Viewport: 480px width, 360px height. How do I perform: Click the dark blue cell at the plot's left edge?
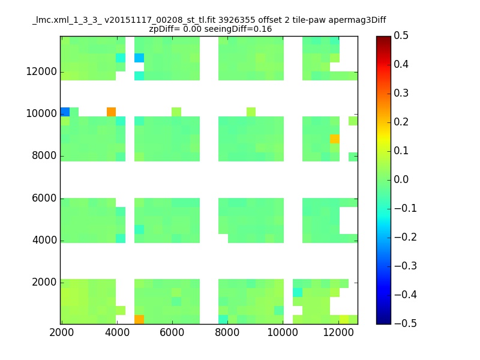[65, 112]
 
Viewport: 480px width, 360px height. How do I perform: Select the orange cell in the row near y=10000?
[112, 112]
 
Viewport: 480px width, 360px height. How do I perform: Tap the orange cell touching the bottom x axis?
[139, 320]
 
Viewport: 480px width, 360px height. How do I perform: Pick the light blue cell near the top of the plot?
[139, 58]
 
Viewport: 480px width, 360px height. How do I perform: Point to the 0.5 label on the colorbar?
[401, 35]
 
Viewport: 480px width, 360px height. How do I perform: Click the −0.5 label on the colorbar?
[406, 323]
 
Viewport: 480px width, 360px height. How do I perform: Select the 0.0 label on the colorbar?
[401, 179]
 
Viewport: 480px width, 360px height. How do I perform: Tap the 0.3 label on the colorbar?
[401, 93]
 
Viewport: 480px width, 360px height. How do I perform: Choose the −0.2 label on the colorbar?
[406, 237]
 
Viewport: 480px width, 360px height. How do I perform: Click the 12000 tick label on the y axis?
[41, 71]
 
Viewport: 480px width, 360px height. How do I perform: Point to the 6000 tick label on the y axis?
[44, 198]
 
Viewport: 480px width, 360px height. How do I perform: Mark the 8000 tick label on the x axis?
[227, 332]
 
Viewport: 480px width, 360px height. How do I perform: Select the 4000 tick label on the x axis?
[117, 332]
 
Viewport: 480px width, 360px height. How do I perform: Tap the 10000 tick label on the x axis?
[283, 332]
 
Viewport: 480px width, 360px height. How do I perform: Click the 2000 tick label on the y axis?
[44, 282]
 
